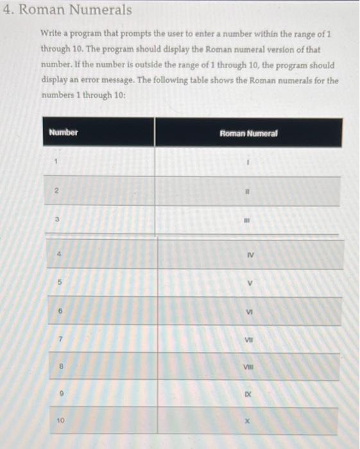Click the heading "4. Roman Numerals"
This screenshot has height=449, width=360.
67,10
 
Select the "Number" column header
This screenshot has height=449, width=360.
63,132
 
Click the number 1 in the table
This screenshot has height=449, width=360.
56,162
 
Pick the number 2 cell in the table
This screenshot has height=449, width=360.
56,191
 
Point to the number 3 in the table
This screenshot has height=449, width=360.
56,219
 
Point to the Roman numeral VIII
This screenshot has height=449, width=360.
248,368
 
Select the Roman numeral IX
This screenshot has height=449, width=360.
247,395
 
